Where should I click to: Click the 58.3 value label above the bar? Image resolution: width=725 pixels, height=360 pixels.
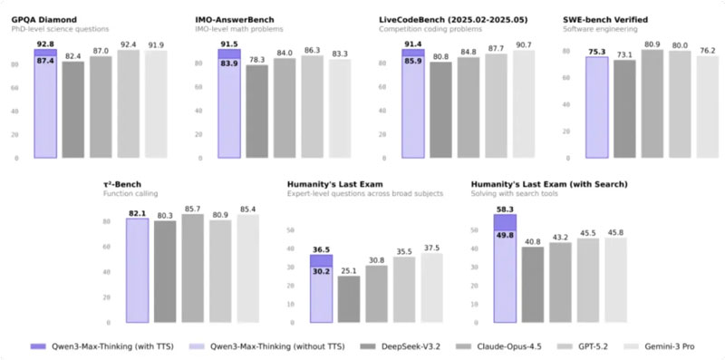pos(505,208)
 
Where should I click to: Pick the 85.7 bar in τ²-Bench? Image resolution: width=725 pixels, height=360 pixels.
pos(191,268)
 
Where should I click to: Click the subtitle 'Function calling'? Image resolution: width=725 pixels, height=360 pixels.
pos(130,194)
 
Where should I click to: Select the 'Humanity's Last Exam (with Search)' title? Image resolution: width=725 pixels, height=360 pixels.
pos(549,184)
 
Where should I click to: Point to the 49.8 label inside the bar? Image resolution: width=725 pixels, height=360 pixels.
pos(505,236)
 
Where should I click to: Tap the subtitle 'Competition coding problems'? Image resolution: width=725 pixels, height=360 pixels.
pos(424,29)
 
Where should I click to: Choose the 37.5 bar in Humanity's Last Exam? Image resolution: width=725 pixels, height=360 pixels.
pos(433,287)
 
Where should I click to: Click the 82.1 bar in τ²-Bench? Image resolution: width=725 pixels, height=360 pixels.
pos(137,270)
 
